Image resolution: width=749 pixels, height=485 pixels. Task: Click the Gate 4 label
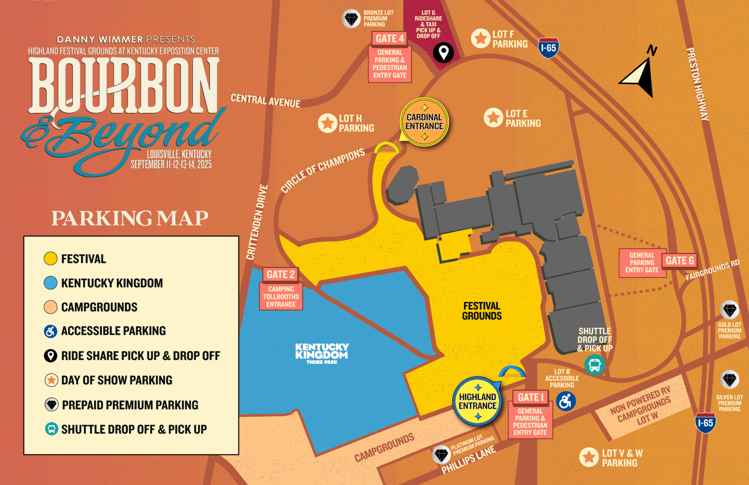pyautogui.click(x=389, y=39)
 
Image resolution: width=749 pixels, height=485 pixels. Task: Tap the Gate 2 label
pyautogui.click(x=281, y=274)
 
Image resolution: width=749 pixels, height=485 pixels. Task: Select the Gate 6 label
pyautogui.click(x=680, y=261)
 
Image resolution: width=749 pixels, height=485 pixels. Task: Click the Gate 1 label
pyautogui.click(x=531, y=397)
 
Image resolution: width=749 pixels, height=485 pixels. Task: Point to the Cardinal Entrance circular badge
pyautogui.click(x=424, y=122)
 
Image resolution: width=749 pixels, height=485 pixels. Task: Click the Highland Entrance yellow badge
pyautogui.click(x=477, y=402)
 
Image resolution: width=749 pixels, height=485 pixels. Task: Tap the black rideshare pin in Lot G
pyautogui.click(x=443, y=53)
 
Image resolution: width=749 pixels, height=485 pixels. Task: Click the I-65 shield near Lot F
pyautogui.click(x=548, y=48)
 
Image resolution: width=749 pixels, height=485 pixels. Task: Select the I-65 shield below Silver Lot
pyautogui.click(x=705, y=423)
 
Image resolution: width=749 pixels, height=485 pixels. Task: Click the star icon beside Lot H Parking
pyautogui.click(x=327, y=123)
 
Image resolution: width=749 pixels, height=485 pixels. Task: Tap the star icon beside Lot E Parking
pyautogui.click(x=493, y=118)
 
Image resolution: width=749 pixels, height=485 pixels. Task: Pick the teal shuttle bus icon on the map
pyautogui.click(x=595, y=365)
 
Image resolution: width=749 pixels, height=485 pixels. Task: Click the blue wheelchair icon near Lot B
pyautogui.click(x=565, y=402)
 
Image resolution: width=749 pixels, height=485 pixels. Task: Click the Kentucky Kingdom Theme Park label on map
pyautogui.click(x=322, y=353)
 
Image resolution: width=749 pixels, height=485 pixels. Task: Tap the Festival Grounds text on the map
pyautogui.click(x=482, y=311)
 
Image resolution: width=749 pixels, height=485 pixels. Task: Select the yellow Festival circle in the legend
pyautogui.click(x=50, y=259)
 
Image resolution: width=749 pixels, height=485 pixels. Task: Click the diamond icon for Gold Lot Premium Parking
pyautogui.click(x=729, y=311)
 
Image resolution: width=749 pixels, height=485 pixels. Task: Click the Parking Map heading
pyautogui.click(x=130, y=218)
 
